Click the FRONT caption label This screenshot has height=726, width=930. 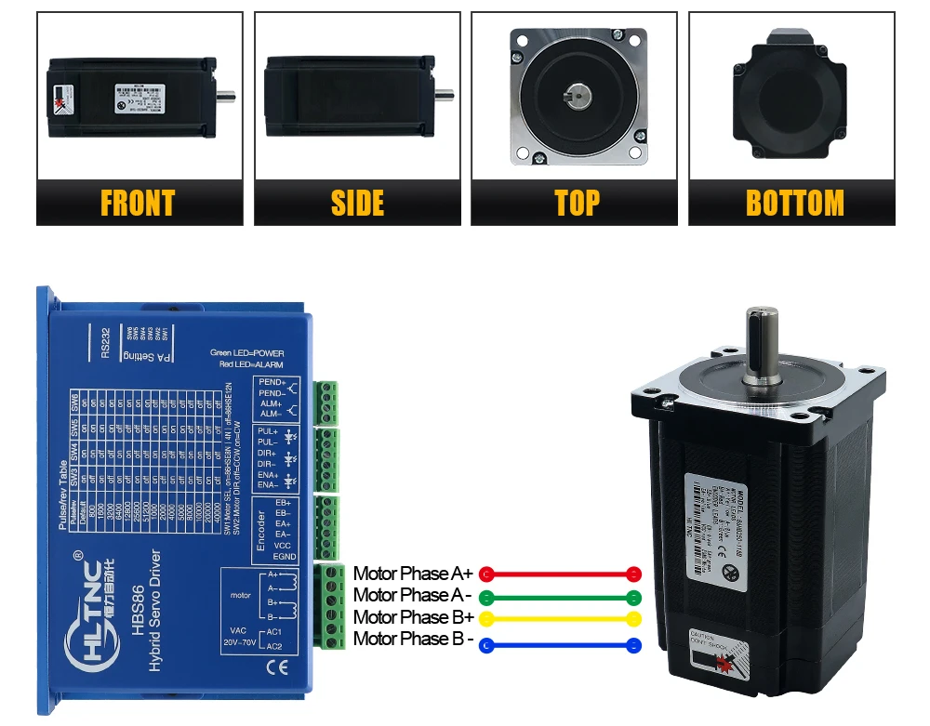click(x=138, y=203)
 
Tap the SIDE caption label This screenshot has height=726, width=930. click(x=357, y=203)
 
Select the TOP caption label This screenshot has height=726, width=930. click(x=577, y=203)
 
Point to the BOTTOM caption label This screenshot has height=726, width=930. click(x=794, y=203)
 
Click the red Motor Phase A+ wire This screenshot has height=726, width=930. click(x=559, y=574)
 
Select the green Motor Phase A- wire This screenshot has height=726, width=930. click(x=559, y=597)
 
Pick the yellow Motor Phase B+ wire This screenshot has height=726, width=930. click(x=559, y=618)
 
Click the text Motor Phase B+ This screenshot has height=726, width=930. click(x=414, y=617)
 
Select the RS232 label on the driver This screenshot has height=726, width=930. click(x=104, y=341)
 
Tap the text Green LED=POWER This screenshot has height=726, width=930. click(x=246, y=353)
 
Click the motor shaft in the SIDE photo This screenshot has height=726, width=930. click(x=445, y=93)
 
